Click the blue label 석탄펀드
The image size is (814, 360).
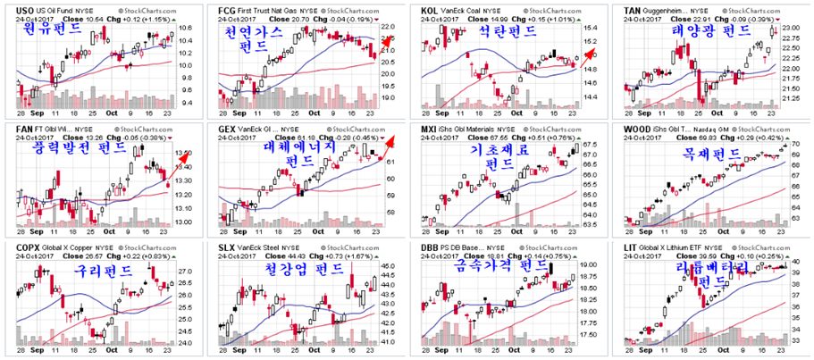pyautogui.click(x=506, y=32)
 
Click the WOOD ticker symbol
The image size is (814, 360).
pyautogui.click(x=636, y=129)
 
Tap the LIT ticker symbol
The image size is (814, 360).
pyautogui.click(x=630, y=247)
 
